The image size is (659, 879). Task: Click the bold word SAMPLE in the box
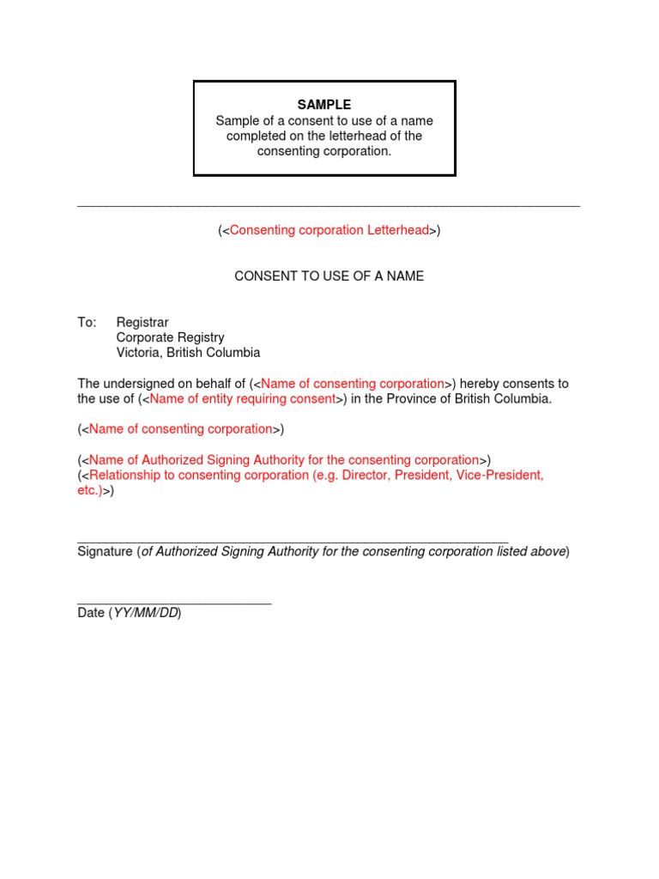[324, 105]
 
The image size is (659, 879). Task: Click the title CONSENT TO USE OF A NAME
[329, 276]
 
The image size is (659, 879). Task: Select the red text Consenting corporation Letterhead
[329, 230]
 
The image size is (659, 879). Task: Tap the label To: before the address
[87, 323]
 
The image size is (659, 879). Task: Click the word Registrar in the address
[142, 323]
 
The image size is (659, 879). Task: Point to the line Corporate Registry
[170, 337]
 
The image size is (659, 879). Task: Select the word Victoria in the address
[138, 353]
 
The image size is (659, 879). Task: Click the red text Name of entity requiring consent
[243, 399]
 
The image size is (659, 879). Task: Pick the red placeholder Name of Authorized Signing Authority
[283, 460]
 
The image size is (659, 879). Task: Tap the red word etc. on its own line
[89, 491]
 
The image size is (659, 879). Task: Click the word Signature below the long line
[105, 551]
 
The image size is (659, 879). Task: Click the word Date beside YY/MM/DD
[91, 613]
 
